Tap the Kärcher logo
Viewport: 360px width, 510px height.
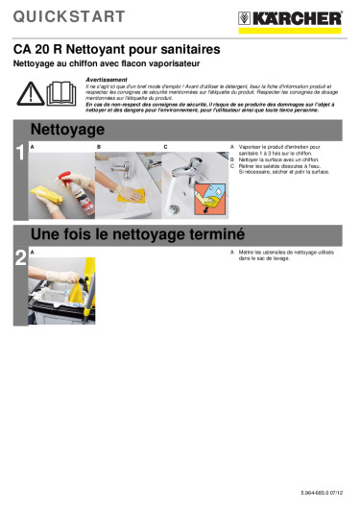coord(301,17)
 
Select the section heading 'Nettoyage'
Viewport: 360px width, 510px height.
coord(70,129)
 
